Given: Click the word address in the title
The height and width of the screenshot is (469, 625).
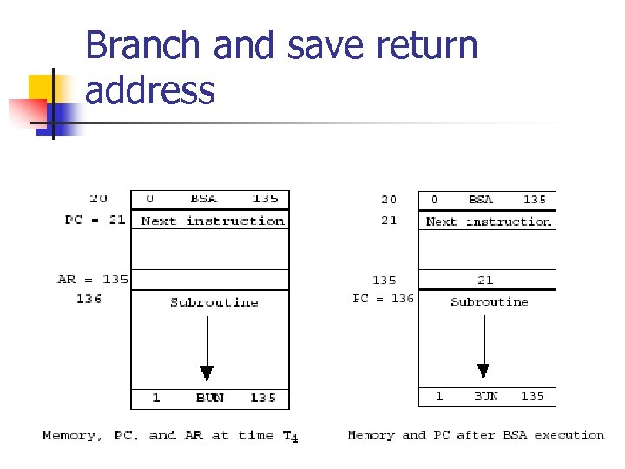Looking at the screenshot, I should pos(150,90).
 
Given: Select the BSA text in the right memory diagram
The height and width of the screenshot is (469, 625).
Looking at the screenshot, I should pos(480,200).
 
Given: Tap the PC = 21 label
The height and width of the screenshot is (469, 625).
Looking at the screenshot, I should pos(95,221).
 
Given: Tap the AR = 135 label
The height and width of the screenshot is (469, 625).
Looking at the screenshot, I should pos(92,280).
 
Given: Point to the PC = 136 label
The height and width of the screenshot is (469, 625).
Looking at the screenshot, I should pos(383,298).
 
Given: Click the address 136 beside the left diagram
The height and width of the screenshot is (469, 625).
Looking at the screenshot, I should pos(89,299).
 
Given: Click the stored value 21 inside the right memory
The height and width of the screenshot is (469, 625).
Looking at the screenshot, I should pos(485,280).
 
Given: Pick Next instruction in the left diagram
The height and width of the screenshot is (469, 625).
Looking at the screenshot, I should pos(213,221).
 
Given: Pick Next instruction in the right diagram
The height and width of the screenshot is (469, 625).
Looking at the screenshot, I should pos(488,221).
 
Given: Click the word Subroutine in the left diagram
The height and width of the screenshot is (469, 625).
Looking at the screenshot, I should pos(214,302).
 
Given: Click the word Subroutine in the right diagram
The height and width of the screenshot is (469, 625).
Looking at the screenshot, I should pos(489,301).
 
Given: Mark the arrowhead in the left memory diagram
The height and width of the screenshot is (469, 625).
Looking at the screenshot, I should pos(207,373).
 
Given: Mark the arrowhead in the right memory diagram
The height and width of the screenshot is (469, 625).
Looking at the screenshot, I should pos(484,371).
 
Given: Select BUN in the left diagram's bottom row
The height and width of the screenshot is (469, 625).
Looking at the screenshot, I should pos(209,398).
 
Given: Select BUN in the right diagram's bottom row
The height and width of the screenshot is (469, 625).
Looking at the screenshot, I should pos(486,395).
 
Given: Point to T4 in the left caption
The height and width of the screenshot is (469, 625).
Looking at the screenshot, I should pos(290,436).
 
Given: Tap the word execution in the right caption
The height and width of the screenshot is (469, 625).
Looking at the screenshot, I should pos(569,434).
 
